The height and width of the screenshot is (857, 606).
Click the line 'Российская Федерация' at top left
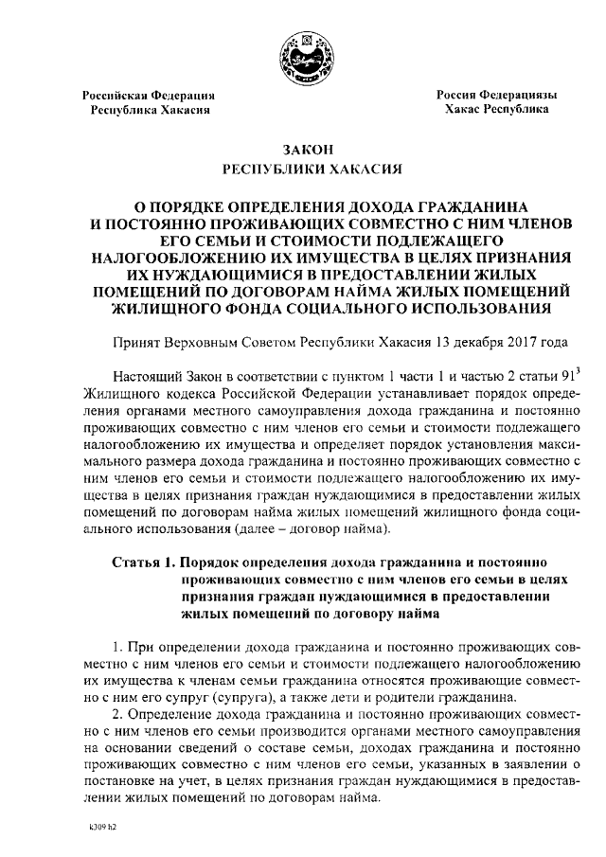coord(149,97)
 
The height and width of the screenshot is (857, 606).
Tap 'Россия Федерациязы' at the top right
coord(496,96)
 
